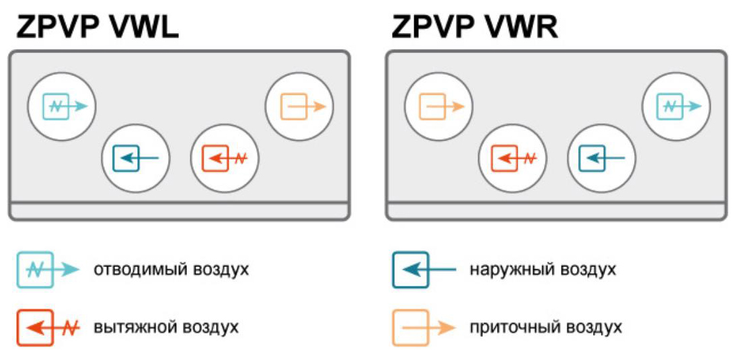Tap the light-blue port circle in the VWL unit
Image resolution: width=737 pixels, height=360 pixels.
[x=62, y=106]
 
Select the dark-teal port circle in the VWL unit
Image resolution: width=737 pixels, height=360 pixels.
[x=136, y=159]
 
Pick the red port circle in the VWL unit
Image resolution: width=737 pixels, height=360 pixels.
[x=225, y=159]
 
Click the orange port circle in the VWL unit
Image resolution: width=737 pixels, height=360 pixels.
[x=299, y=106]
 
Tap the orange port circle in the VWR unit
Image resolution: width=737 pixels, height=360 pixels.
[x=438, y=106]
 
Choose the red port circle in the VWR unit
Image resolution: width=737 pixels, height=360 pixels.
[x=512, y=159]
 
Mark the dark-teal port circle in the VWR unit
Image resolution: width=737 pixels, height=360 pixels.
[x=602, y=159]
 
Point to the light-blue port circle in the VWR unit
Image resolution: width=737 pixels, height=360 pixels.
[x=676, y=106]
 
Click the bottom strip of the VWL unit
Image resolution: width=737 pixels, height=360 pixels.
[x=179, y=211]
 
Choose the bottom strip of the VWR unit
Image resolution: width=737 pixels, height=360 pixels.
[x=556, y=211]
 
